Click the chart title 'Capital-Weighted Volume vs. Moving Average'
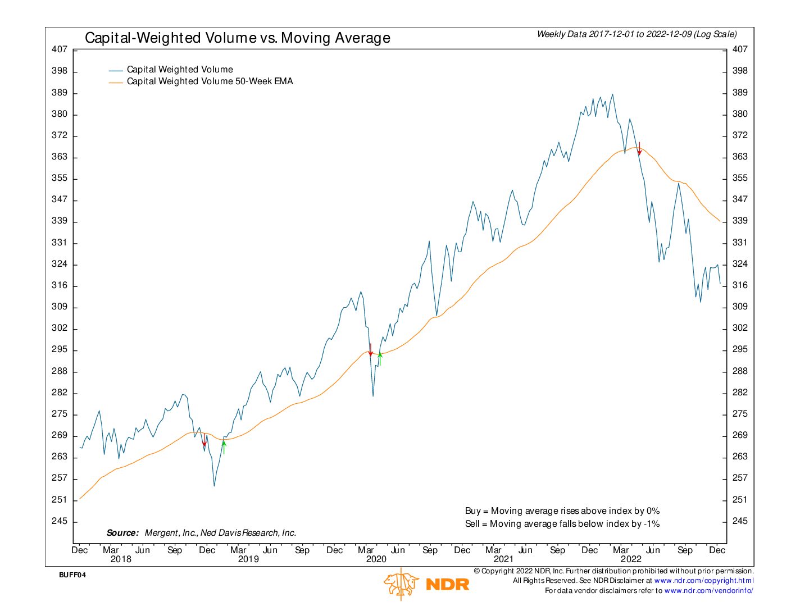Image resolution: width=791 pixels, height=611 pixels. click(x=237, y=38)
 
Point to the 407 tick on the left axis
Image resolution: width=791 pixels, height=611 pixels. click(x=60, y=49)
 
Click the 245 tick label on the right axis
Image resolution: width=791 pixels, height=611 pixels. click(x=740, y=521)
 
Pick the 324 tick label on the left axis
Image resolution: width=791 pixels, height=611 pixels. click(x=60, y=264)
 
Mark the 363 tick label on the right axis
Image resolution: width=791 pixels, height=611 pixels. click(x=740, y=157)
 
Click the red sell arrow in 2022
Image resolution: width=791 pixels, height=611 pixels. click(x=639, y=148)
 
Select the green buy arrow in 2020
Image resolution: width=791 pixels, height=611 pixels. click(x=380, y=359)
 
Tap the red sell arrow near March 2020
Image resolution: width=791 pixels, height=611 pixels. click(x=371, y=350)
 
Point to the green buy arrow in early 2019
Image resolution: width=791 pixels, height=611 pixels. click(x=224, y=447)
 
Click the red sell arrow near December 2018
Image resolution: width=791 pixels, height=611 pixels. click(x=204, y=440)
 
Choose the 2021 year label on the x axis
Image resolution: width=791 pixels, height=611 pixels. click(x=504, y=559)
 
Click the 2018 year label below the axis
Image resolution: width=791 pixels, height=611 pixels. click(x=121, y=559)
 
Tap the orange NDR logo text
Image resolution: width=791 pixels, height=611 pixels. click(x=447, y=585)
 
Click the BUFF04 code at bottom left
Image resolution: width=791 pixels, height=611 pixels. click(x=72, y=575)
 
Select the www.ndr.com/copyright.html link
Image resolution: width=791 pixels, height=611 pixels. click(x=703, y=581)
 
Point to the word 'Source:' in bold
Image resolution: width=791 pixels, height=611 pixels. click(x=122, y=533)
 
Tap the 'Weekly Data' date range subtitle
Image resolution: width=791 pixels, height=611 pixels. click(x=637, y=34)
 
